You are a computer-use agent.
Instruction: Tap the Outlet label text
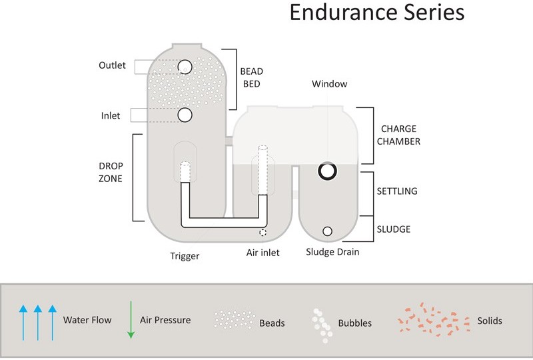[112, 65]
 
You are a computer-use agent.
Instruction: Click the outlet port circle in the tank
[185, 67]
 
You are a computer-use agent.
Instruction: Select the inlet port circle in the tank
[185, 115]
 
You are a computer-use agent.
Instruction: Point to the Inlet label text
[111, 116]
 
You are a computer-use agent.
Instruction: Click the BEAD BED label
[251, 78]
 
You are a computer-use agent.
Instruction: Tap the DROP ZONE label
[110, 172]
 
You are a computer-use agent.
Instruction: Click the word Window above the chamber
[330, 84]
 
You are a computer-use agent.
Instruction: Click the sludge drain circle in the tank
[327, 231]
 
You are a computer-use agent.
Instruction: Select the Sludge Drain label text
[332, 253]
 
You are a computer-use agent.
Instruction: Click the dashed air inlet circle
[263, 233]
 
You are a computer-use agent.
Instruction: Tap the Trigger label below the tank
[185, 256]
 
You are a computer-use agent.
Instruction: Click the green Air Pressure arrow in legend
[131, 320]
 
